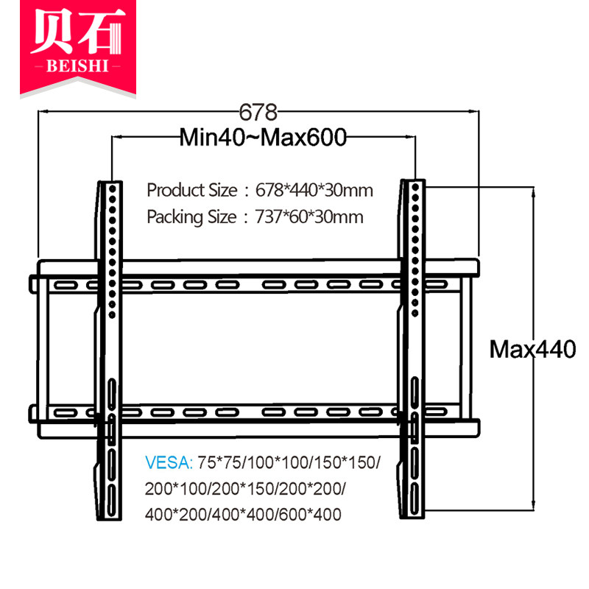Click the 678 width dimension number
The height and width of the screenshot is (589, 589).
(258, 113)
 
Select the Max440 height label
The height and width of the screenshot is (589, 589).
(532, 350)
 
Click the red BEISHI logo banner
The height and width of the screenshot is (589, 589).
(79, 48)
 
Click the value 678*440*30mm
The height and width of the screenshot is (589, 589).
(314, 191)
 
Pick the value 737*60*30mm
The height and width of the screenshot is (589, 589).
(309, 218)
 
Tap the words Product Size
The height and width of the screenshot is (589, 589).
(191, 191)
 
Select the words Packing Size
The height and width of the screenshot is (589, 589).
(191, 218)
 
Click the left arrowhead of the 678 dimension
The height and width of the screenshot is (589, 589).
(42, 112)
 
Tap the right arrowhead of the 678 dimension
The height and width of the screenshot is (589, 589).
(475, 112)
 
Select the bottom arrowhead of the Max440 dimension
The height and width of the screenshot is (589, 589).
(533, 504)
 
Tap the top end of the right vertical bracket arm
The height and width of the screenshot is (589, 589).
(414, 181)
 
